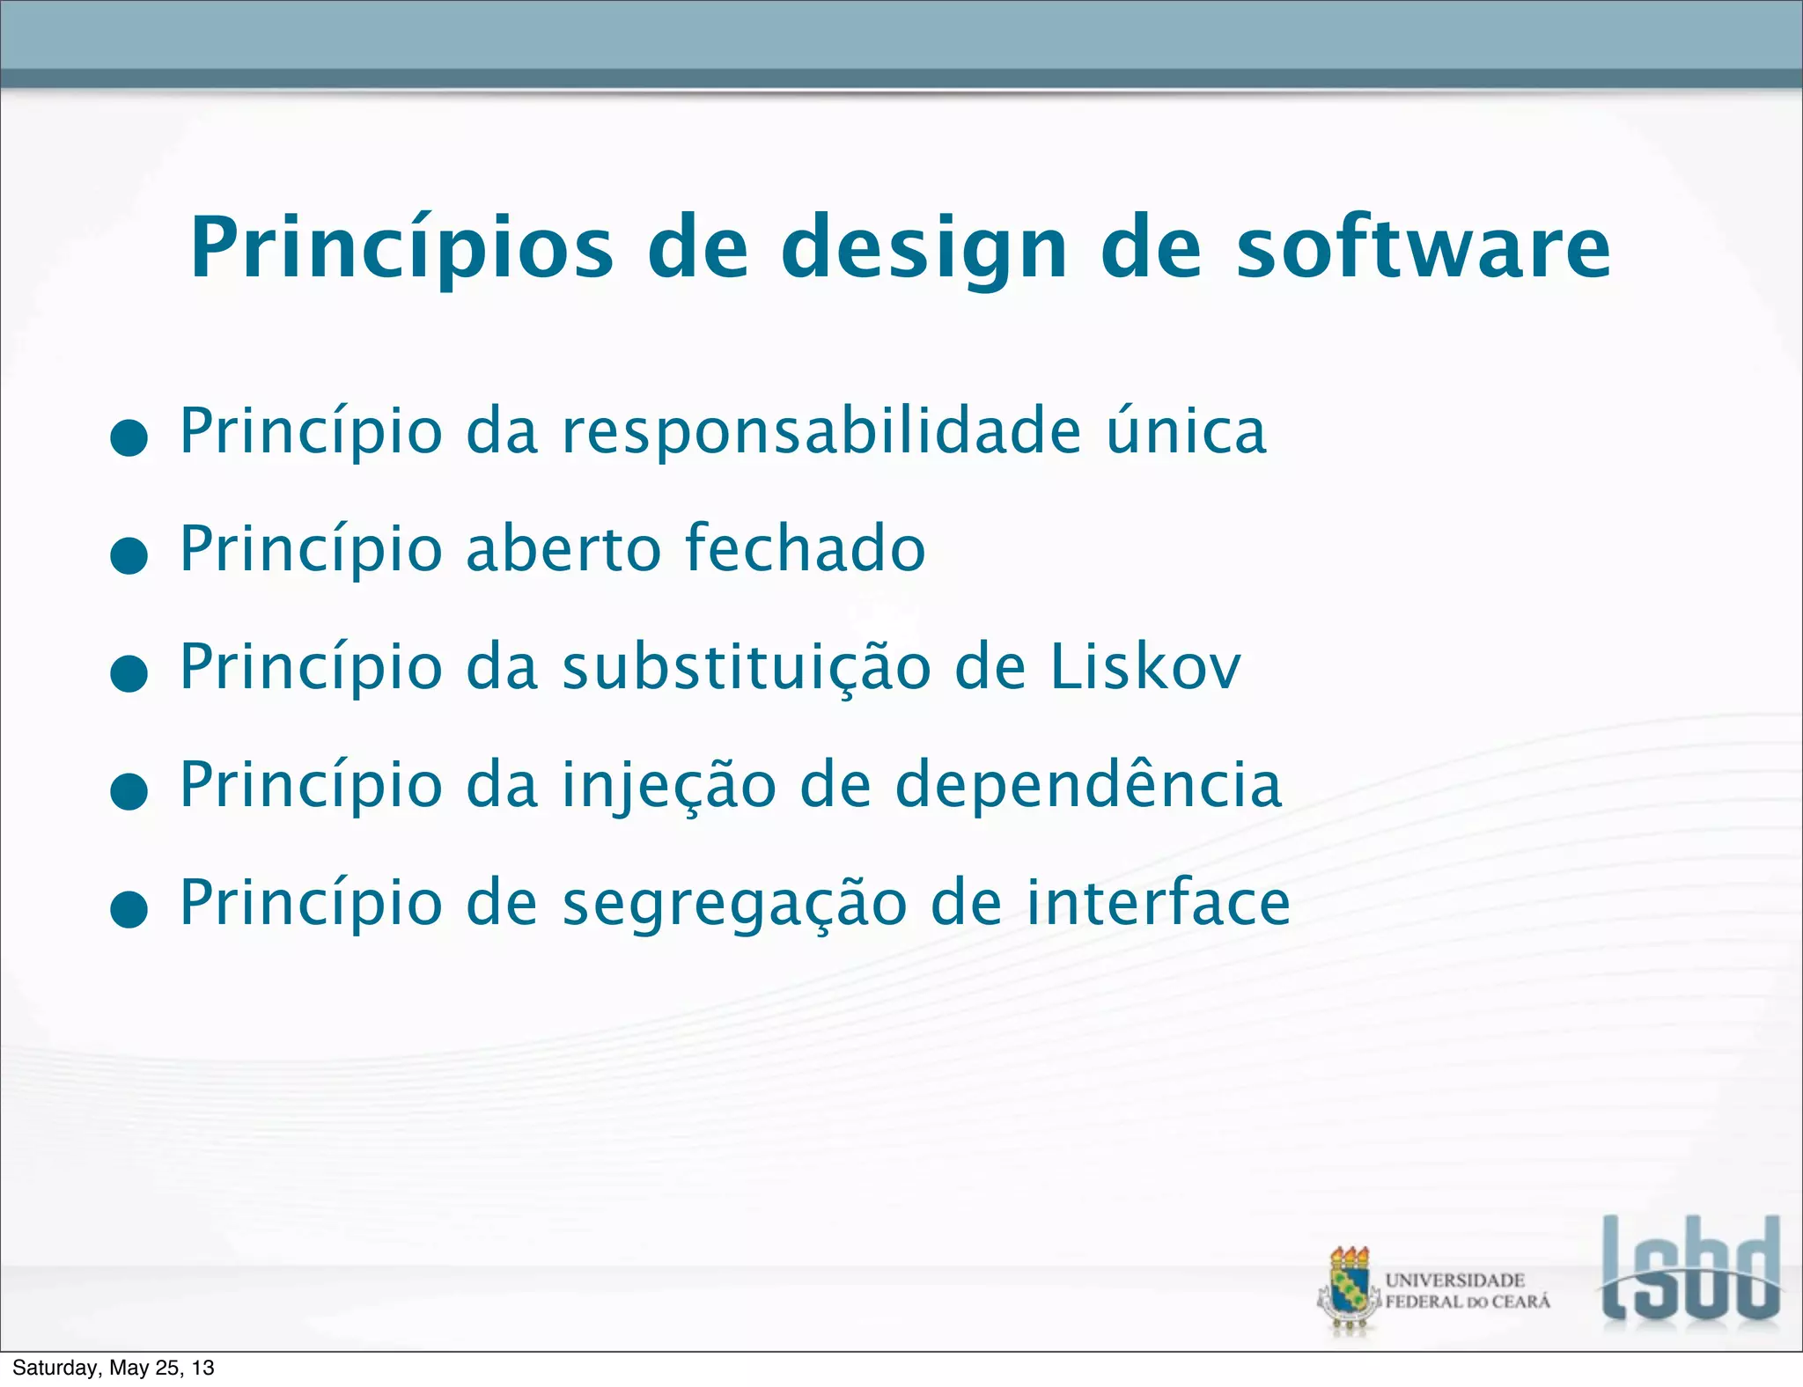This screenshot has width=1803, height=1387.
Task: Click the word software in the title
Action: coord(1424,248)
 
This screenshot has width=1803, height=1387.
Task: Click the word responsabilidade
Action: coord(821,432)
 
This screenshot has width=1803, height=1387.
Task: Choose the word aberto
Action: coord(563,548)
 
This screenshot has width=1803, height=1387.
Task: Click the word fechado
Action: coord(805,548)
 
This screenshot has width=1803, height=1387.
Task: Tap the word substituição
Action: coord(747,667)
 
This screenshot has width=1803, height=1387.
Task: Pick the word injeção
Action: coord(669,786)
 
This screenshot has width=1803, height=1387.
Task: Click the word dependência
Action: coord(1088,784)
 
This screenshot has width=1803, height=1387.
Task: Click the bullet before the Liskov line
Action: coord(129,674)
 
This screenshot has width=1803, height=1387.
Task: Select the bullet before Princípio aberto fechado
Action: coord(129,556)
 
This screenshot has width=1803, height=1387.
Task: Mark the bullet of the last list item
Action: coord(129,910)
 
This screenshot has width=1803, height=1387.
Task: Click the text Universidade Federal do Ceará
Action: coord(1467,1291)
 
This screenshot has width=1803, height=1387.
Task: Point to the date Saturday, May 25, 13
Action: coord(114,1368)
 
